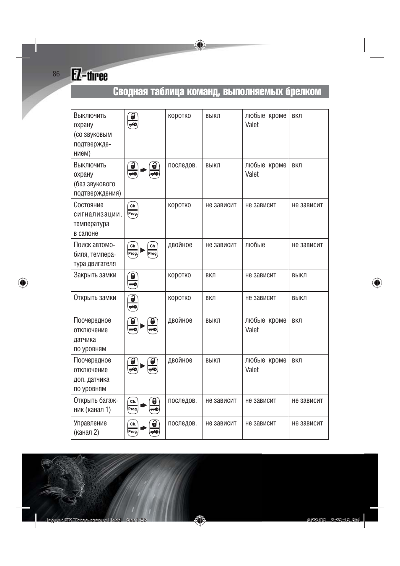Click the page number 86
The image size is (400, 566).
tap(56, 74)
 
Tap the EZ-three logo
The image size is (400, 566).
tap(89, 75)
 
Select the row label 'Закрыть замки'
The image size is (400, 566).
tap(95, 275)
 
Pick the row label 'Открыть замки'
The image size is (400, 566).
tap(95, 298)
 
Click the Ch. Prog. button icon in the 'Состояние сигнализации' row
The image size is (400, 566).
tap(133, 210)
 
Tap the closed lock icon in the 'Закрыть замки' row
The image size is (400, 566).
tap(133, 280)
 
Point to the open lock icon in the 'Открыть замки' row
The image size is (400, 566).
tap(133, 303)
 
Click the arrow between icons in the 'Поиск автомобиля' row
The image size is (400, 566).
tap(143, 250)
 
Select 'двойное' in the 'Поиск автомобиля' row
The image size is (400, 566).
tap(180, 245)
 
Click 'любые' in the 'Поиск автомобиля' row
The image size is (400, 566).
tap(255, 245)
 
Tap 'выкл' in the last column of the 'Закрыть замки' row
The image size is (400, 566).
tap(299, 275)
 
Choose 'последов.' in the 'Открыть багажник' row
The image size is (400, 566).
tap(182, 401)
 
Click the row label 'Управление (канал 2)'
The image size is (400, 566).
tap(90, 428)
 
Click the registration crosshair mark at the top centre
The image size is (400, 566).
tap(200, 45)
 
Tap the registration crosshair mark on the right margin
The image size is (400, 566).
tap(377, 283)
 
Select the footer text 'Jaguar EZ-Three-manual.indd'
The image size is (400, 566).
tap(83, 520)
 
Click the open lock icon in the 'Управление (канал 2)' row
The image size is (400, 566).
tap(154, 428)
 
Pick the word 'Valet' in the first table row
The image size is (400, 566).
tap(252, 125)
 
